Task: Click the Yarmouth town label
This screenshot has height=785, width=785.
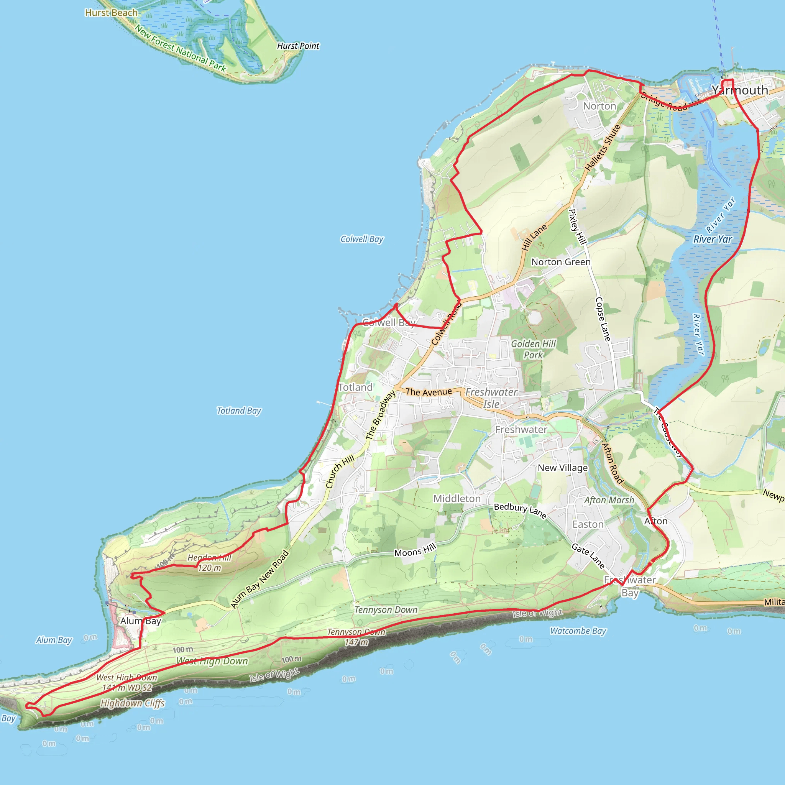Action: pyautogui.click(x=739, y=90)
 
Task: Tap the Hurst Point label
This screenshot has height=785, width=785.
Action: pyautogui.click(x=298, y=46)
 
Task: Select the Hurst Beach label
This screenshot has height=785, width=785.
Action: pyautogui.click(x=111, y=13)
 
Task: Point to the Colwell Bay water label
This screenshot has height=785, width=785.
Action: pyautogui.click(x=361, y=239)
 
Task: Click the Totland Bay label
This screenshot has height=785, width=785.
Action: pyautogui.click(x=239, y=411)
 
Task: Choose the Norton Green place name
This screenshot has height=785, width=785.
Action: pyautogui.click(x=561, y=262)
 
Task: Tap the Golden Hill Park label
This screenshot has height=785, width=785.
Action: pyautogui.click(x=533, y=349)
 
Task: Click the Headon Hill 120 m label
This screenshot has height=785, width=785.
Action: pyautogui.click(x=209, y=563)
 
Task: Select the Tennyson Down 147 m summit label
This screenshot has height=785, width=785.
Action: pyautogui.click(x=356, y=637)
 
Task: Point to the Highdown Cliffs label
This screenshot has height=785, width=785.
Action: pyautogui.click(x=133, y=703)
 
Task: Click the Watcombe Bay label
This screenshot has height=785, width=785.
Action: pyautogui.click(x=578, y=631)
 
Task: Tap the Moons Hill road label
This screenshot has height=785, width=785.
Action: pyautogui.click(x=415, y=550)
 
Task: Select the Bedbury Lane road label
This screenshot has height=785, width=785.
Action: pyautogui.click(x=520, y=510)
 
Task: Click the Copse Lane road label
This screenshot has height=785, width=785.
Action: pyautogui.click(x=603, y=319)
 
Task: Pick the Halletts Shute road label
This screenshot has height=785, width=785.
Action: pyautogui.click(x=603, y=148)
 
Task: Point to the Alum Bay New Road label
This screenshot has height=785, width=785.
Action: pyautogui.click(x=259, y=579)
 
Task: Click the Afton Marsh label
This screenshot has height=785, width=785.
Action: pyautogui.click(x=609, y=500)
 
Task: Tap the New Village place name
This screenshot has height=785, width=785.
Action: pyautogui.click(x=562, y=468)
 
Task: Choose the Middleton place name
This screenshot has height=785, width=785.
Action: pyautogui.click(x=457, y=499)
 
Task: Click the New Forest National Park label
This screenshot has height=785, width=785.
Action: pyautogui.click(x=181, y=48)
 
